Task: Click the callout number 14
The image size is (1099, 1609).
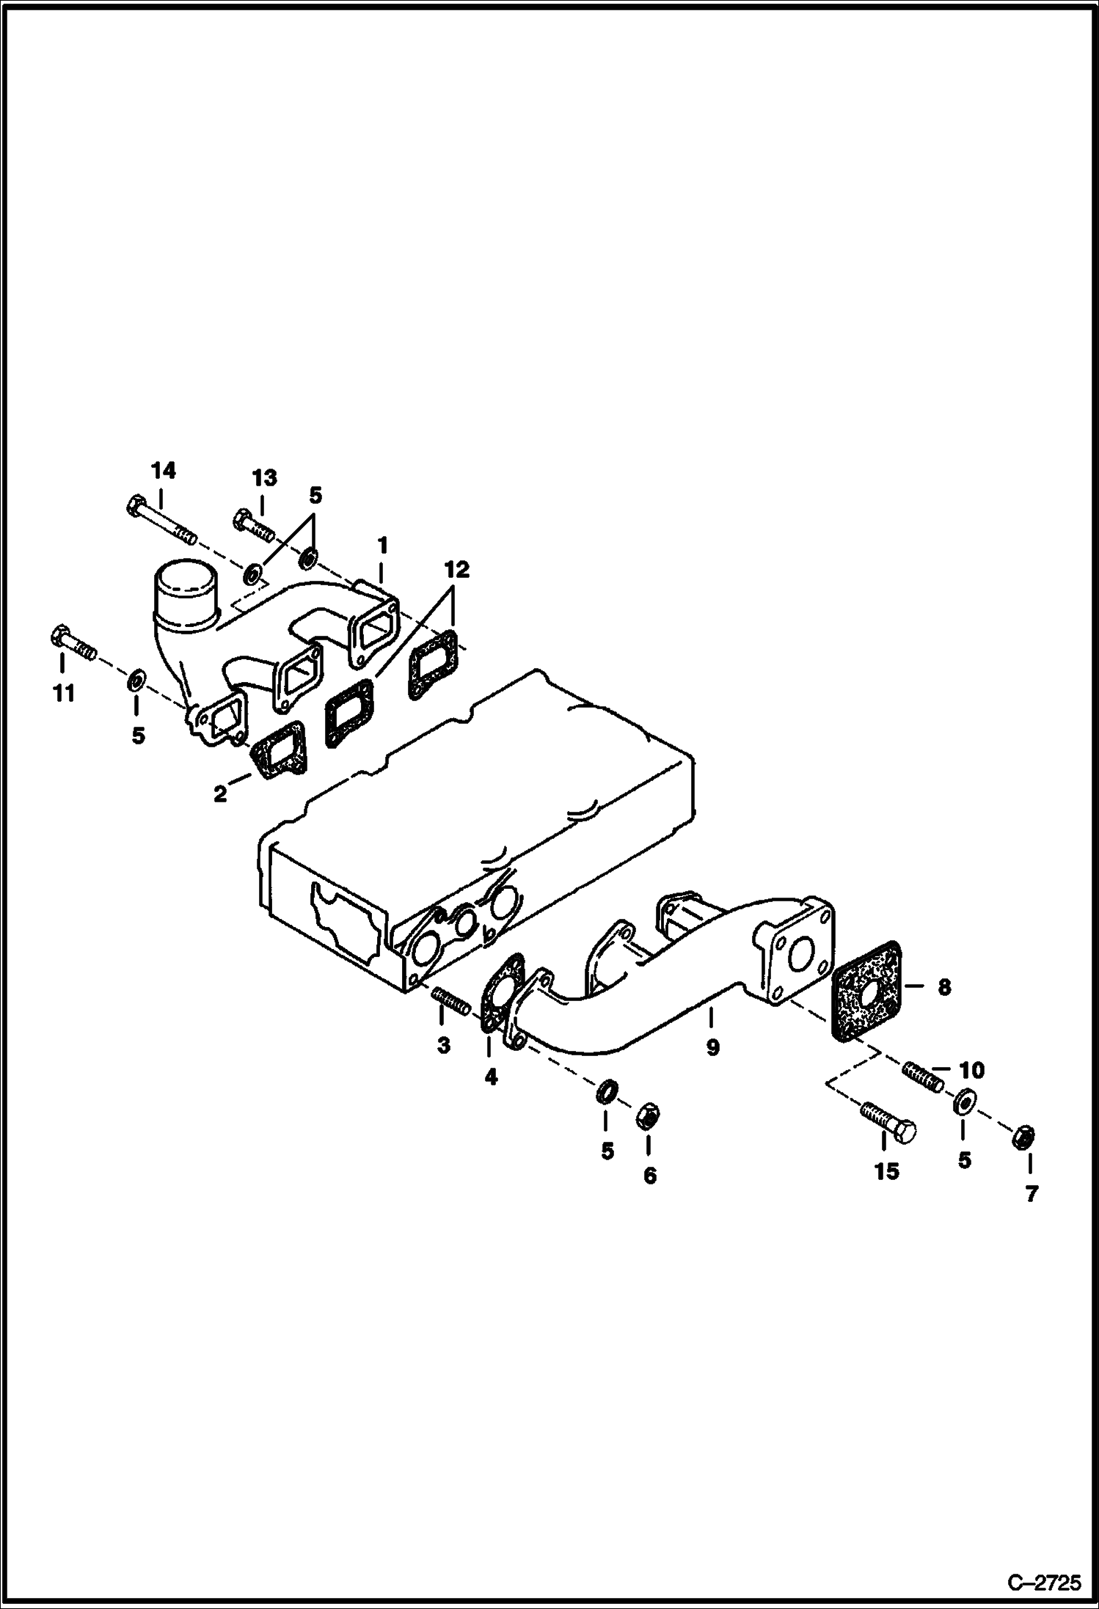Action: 164,471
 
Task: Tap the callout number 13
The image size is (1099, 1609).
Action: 265,478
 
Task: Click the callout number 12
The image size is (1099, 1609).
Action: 456,570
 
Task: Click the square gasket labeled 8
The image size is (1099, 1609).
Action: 865,989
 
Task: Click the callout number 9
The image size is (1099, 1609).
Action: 712,1047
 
